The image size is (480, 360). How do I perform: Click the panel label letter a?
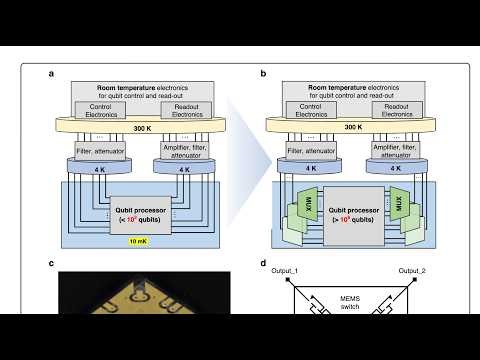50,74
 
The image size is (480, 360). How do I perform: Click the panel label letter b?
263,74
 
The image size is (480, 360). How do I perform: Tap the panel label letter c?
50,264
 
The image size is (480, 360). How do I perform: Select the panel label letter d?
263,264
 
